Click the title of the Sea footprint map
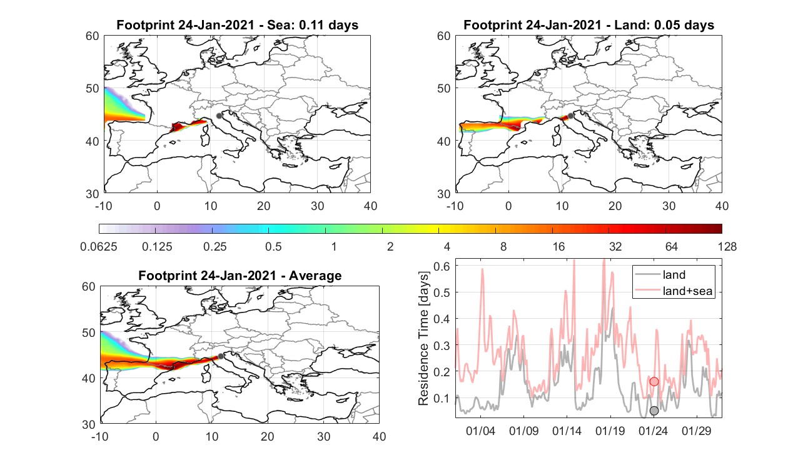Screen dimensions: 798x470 237,25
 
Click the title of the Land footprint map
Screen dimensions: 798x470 589,25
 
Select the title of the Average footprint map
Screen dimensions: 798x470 240,276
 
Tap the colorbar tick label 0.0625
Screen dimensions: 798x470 99,246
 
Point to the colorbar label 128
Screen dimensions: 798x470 727,246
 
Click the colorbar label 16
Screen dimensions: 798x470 558,246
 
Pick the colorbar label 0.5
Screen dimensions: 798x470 273,246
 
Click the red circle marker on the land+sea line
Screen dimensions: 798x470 654,382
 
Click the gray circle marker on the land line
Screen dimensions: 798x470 654,411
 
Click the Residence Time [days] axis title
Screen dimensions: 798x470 423,338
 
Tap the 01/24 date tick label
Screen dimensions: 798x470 653,431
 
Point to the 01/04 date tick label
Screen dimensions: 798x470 480,431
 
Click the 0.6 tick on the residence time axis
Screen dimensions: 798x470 442,266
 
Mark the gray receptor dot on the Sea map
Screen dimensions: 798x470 219,116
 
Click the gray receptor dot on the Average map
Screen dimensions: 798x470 221,356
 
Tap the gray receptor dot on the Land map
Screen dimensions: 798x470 570,116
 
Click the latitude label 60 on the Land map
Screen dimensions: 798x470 444,36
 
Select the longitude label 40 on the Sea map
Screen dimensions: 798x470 370,206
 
